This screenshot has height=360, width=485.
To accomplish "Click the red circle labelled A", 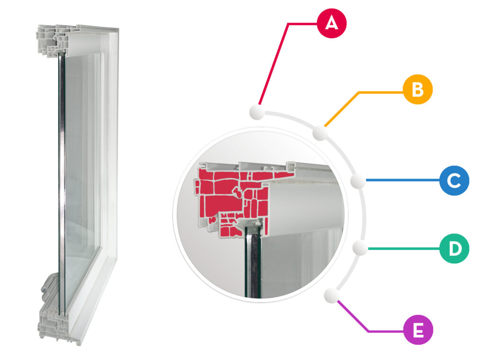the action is coord(332,24).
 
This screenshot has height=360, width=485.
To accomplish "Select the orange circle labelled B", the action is coord(418,90).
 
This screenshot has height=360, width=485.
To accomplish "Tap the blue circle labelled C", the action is coord(454,180).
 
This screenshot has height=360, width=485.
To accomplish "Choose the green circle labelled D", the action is coord(454,249).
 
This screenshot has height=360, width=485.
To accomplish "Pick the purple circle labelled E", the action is coord(418,330).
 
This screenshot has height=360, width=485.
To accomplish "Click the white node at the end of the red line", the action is coord(257,112).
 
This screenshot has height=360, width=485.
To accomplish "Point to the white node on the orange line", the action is coord(320,133).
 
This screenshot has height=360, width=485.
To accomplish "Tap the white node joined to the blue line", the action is coord(358,180).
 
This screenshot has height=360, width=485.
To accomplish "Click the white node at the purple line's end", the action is coord(332,296).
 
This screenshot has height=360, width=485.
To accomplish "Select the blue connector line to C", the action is coord(403,180).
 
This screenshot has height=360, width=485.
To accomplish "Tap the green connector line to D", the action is coord(404,248).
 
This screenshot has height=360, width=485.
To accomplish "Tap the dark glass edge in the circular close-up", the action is coord(253,263).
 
